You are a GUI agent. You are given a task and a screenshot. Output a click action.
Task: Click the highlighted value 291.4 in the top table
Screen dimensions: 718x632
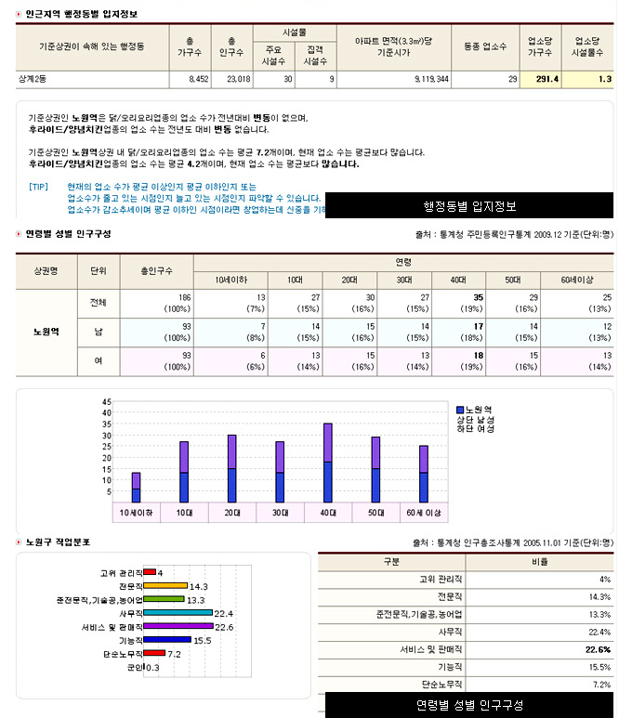pos(546,80)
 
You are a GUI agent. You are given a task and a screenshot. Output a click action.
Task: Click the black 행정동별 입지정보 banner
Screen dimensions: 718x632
pos(469,205)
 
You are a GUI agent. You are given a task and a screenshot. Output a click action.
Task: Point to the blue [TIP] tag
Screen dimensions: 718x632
pos(38,186)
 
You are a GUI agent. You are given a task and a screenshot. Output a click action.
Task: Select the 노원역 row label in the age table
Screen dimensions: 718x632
pos(46,332)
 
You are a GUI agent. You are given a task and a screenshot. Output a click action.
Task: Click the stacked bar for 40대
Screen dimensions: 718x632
pos(328,462)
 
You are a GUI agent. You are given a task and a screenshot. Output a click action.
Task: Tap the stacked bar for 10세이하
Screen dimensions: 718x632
pos(136,487)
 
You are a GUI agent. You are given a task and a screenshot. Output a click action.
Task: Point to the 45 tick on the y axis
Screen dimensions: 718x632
pos(107,401)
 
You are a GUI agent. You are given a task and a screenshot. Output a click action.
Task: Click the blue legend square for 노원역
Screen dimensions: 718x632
pos(459,410)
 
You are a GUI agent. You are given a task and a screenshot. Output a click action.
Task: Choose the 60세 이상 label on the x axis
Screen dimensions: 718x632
pos(424,513)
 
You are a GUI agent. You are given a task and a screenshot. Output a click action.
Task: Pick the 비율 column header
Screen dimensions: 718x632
pos(539,562)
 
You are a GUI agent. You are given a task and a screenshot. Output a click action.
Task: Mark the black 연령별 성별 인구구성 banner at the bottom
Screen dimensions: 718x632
pos(469,705)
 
